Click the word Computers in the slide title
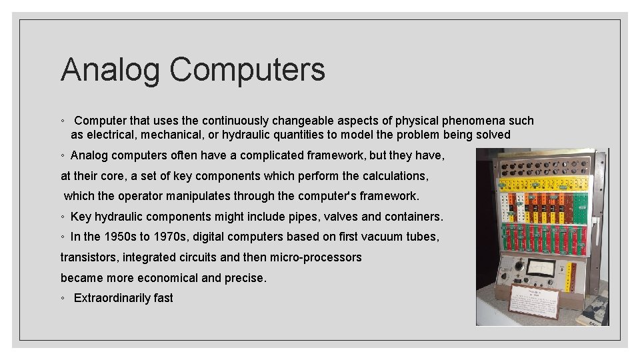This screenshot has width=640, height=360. click(x=247, y=69)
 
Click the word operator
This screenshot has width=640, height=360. click(x=140, y=196)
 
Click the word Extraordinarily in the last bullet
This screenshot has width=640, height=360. click(x=112, y=298)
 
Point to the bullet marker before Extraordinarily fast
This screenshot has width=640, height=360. click(x=62, y=299)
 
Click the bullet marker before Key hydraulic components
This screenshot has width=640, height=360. click(x=62, y=217)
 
